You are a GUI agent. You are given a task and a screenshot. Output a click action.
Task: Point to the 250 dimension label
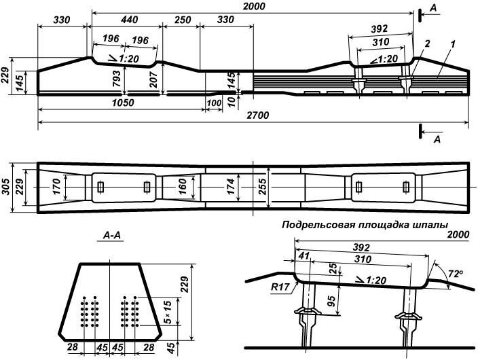[181, 21]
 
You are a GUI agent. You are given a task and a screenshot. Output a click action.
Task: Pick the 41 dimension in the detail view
[303, 257]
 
